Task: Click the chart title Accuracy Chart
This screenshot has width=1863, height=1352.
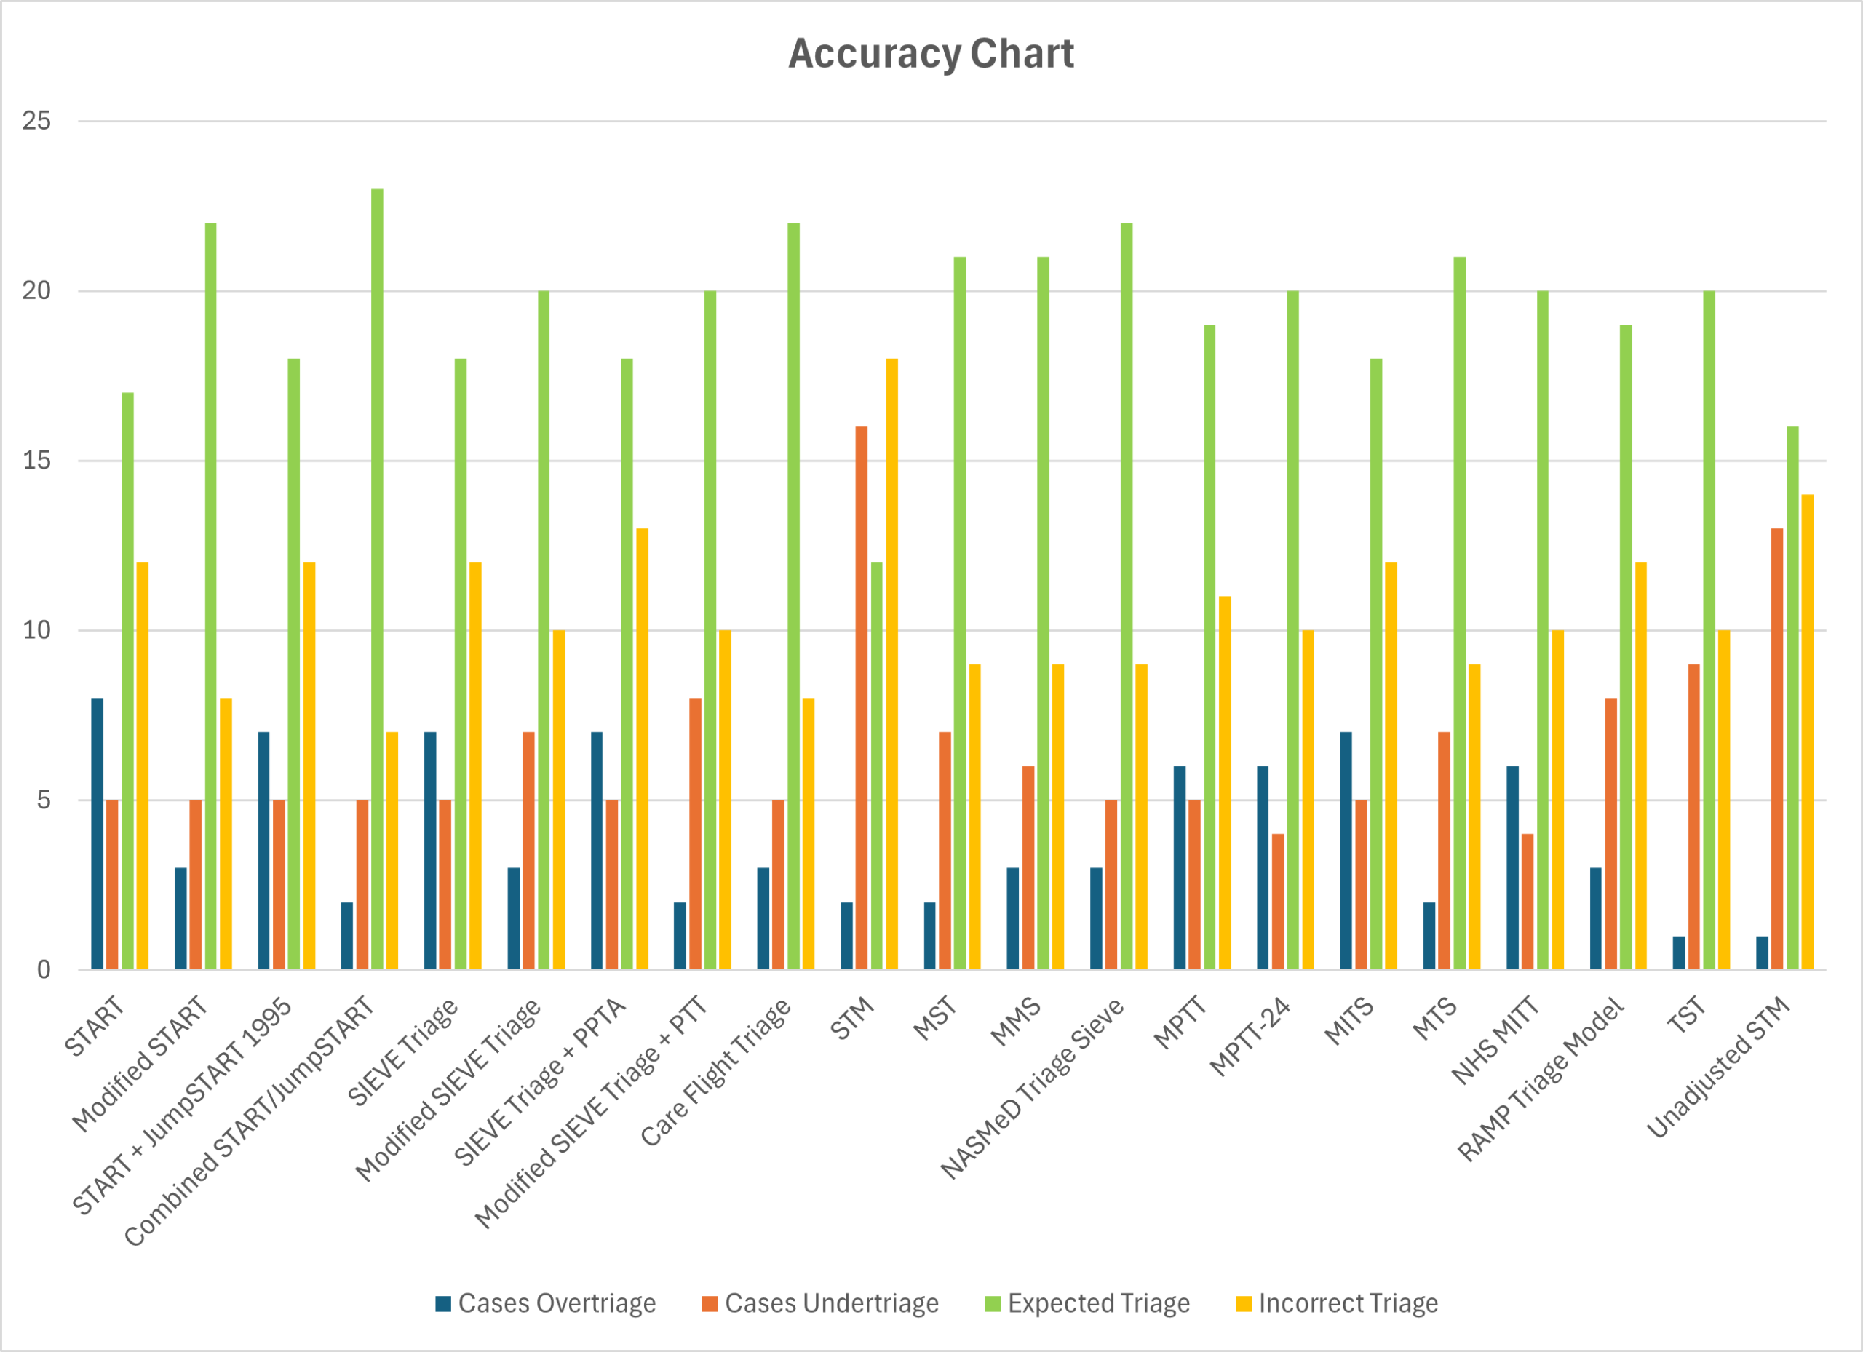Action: click(x=931, y=55)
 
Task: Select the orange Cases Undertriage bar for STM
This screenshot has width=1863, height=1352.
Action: click(x=861, y=698)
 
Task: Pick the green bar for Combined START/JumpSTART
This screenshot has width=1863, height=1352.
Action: click(x=377, y=579)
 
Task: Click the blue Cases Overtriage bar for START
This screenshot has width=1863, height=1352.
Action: click(x=97, y=834)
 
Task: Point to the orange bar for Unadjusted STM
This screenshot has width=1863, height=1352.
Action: click(x=1776, y=749)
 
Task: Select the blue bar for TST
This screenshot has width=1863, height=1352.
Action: click(x=1678, y=953)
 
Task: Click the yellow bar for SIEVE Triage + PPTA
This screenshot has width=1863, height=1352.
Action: click(x=643, y=749)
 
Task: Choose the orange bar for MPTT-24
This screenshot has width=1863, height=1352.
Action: click(x=1277, y=902)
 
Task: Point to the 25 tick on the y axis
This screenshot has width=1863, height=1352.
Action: click(x=36, y=122)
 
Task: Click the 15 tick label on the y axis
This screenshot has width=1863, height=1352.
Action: click(x=36, y=461)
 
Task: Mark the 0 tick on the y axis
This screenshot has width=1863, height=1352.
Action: click(x=44, y=970)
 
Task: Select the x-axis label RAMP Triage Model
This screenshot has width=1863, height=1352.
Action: click(x=1542, y=1079)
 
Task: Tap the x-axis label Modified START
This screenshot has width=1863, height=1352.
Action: click(x=140, y=1063)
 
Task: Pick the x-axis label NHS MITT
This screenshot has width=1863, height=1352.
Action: click(x=1495, y=1040)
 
